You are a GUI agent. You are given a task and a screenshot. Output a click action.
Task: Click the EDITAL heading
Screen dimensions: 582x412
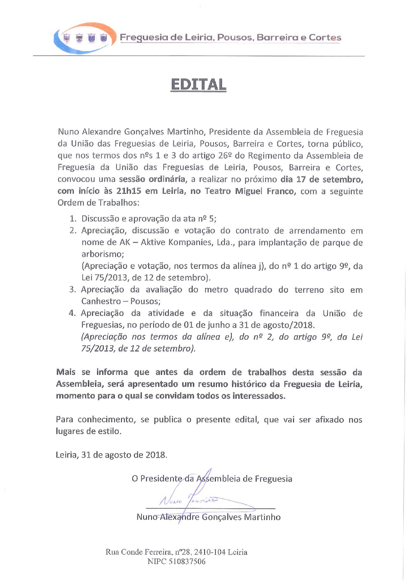tap(199, 85)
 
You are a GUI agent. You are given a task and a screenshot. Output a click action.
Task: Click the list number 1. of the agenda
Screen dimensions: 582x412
tap(73, 219)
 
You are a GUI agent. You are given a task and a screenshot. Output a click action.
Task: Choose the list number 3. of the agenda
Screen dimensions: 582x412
tap(72, 290)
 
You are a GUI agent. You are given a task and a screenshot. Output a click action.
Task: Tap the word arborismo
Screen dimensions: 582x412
tap(102, 254)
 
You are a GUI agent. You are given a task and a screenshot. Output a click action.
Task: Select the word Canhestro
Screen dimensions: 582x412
tap(101, 301)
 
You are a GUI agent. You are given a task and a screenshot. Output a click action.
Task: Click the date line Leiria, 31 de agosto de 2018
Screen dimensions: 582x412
tap(111, 455)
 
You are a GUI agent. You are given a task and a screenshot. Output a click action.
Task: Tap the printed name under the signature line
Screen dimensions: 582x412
tap(208, 517)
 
